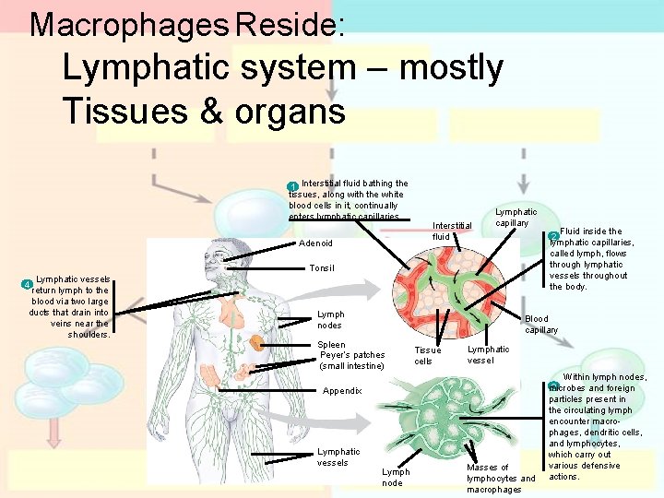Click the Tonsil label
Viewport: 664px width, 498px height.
(x=322, y=268)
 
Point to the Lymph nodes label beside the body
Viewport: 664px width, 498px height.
(x=330, y=319)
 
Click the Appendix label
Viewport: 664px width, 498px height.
(x=342, y=391)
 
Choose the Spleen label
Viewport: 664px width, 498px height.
(x=331, y=345)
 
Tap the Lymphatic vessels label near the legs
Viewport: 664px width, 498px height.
(x=338, y=456)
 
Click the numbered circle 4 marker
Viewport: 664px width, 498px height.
(x=28, y=282)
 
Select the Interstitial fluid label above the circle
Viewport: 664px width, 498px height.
(x=452, y=231)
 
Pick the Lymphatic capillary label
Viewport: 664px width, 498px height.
(x=516, y=218)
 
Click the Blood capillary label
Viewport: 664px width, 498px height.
(x=541, y=324)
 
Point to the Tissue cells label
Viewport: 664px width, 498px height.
(x=428, y=355)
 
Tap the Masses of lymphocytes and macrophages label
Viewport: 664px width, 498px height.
(x=500, y=478)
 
